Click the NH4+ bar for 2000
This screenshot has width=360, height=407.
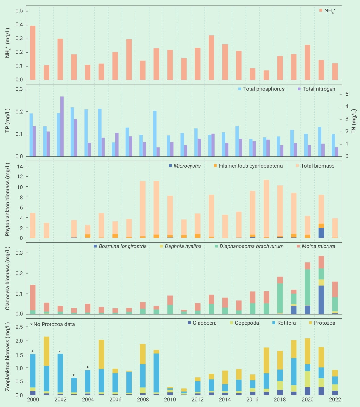coord(33,53)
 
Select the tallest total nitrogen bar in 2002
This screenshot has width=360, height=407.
coord(62,126)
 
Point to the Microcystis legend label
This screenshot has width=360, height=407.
coord(187,166)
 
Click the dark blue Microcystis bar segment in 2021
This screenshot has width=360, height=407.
coord(321,233)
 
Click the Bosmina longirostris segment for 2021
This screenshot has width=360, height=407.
coord(321,300)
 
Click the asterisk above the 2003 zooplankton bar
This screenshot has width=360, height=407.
coord(73,376)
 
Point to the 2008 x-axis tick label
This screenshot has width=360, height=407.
coord(143,400)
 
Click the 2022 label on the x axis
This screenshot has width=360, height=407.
coord(335,400)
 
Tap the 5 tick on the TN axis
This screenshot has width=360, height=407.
coord(347,94)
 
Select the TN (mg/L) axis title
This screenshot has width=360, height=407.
coord(354,121)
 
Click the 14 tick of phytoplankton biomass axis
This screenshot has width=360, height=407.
coord(20,166)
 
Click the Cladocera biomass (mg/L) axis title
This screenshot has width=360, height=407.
coord(8,278)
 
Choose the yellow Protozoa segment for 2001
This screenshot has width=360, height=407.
coord(47,351)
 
